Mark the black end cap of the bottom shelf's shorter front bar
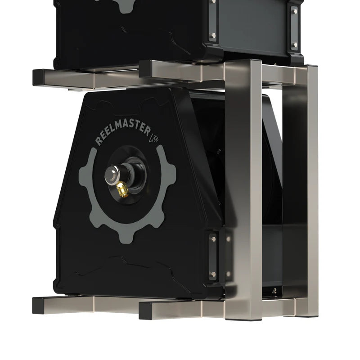pos(145,311)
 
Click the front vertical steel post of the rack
pos(243,189)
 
